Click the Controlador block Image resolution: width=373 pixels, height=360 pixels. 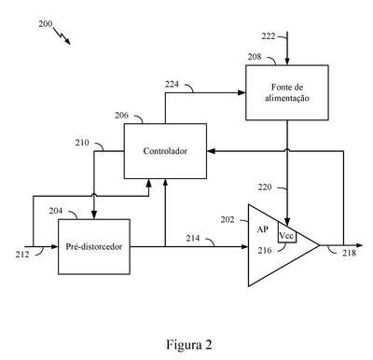coord(165,151)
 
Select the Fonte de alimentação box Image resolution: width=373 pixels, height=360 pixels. coord(287,92)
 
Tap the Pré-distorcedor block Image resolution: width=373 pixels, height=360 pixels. coord(94,247)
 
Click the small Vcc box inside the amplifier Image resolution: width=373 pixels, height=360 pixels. coord(287,236)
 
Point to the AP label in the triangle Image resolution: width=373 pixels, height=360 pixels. coord(262,229)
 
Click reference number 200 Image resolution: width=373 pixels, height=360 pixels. coord(46,24)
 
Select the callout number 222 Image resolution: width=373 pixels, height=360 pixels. coord(269,36)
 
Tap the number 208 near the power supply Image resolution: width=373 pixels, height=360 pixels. coord(255,57)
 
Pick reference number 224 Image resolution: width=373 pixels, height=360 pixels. coord(172,84)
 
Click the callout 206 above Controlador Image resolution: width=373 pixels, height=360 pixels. coord(121,116)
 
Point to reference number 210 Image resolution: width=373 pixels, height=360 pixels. coord(82,143)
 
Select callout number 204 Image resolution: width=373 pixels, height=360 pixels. coord(56,211)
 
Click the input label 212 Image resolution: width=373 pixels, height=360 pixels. coord(22,255)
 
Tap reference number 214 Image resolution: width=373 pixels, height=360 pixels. coord(193,239)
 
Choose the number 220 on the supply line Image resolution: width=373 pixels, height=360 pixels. coord(265,187)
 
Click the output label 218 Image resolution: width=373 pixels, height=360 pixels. coord(350,253)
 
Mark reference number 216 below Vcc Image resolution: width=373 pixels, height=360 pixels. coord(265,250)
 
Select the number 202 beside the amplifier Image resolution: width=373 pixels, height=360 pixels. coord(228,220)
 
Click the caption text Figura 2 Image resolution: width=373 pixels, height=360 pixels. coord(189,344)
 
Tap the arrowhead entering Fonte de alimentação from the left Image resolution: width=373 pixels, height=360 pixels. coord(242,92)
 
